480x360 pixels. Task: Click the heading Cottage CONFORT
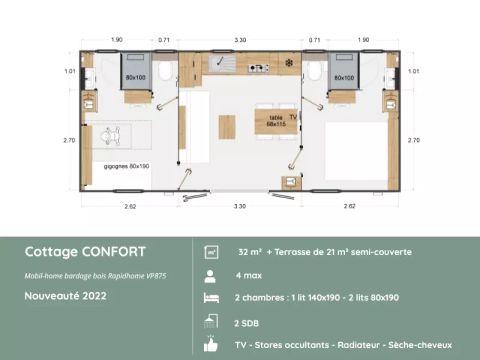coord(85,251)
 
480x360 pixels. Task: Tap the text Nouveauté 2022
coord(66,297)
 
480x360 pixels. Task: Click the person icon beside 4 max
coord(211,274)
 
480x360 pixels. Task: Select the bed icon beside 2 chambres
coord(211,298)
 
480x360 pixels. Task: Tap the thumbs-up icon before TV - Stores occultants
coord(211,344)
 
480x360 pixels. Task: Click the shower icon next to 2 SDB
coord(211,321)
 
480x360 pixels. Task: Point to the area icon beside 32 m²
coord(211,251)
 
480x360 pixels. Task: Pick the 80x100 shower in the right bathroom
coord(343,76)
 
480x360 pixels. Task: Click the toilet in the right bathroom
coord(313,70)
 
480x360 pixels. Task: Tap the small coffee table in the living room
coord(227,127)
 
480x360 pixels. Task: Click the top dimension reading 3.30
coord(240,38)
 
